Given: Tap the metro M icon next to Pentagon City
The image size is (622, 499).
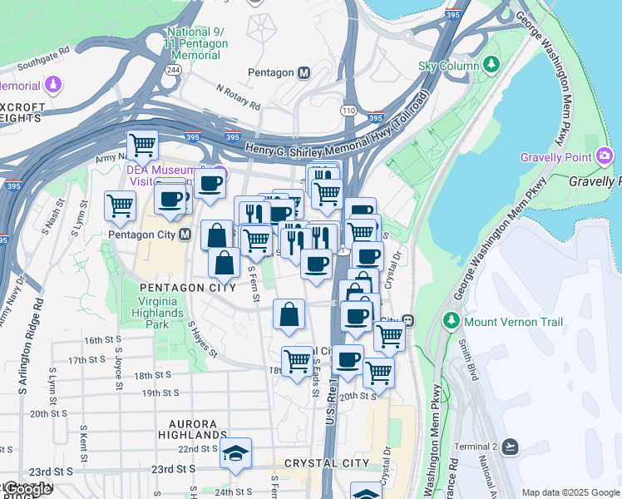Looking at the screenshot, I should coord(185,235).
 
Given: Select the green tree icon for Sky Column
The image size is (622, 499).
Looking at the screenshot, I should coord(491,65).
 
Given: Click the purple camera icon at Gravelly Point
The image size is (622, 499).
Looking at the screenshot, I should coord(605,156).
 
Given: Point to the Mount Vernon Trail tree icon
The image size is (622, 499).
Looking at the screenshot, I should coord(452,321).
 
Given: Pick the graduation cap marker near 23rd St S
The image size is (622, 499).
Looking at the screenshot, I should coord(235,454).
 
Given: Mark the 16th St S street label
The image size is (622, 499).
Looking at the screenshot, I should coord(103,340).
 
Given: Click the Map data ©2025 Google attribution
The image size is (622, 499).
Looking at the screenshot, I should coord(570,492).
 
